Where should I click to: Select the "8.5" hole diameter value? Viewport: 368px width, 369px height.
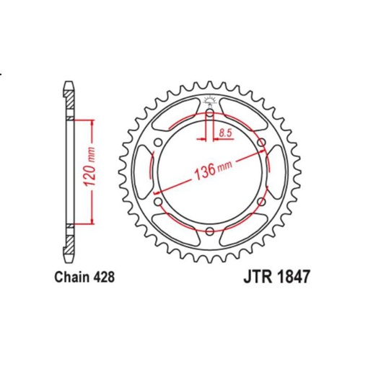click(x=224, y=132)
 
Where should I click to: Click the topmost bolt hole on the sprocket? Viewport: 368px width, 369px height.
click(x=209, y=115)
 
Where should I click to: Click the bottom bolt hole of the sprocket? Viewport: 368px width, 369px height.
click(x=209, y=231)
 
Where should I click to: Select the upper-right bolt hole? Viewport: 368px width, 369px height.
click(x=259, y=143)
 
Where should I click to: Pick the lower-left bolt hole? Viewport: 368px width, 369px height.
click(x=159, y=202)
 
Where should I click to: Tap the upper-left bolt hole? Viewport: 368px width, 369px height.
click(x=159, y=143)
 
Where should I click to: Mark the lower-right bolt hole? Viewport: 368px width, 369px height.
click(x=259, y=202)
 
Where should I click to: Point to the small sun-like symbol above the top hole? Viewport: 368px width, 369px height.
click(x=209, y=101)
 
